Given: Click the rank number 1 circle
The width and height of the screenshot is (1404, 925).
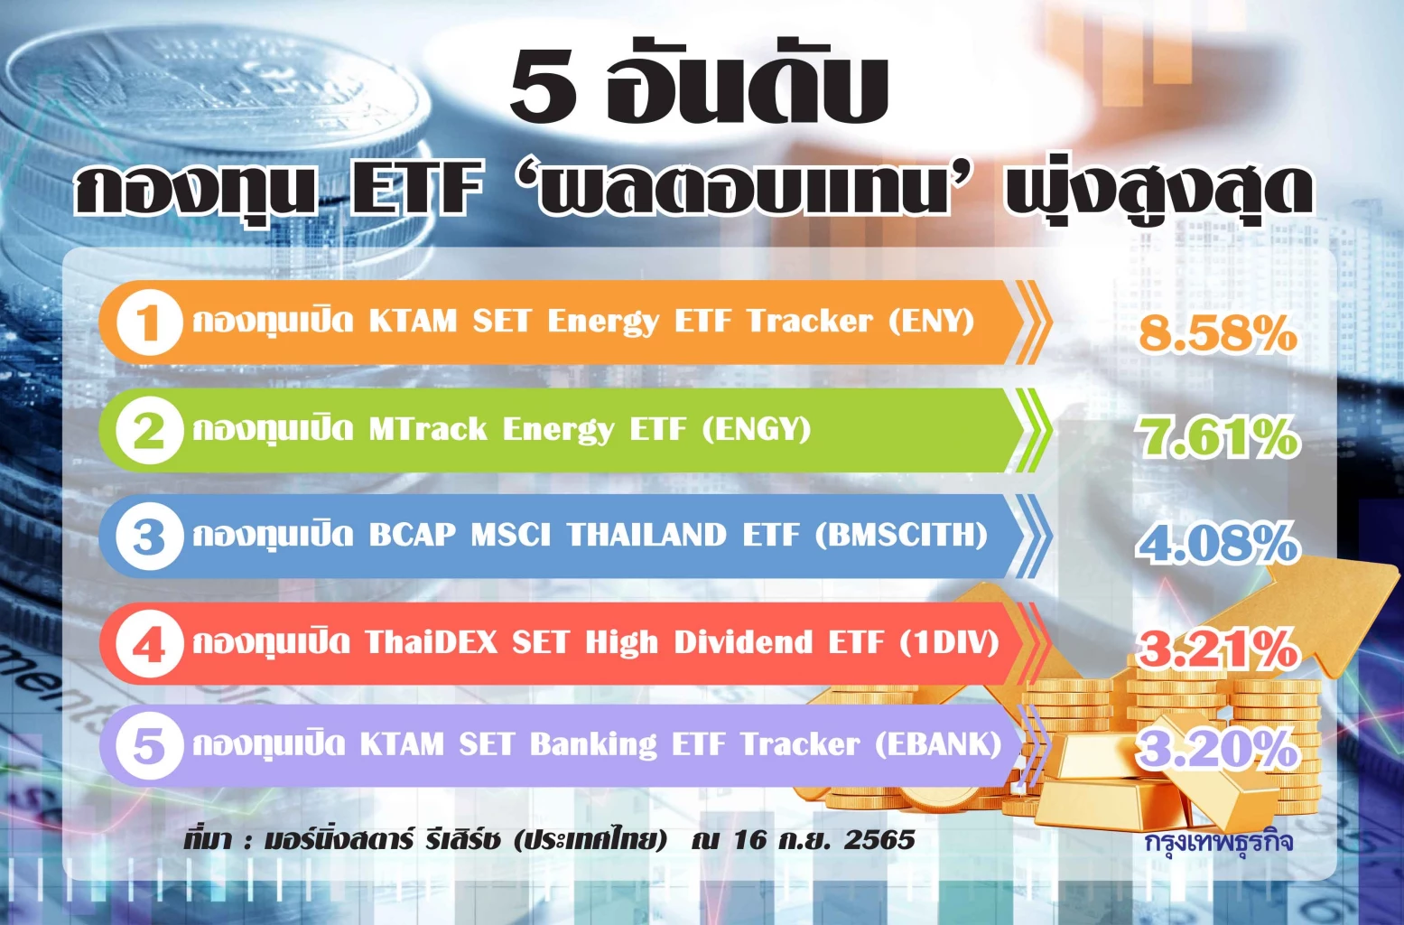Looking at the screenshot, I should (x=150, y=323).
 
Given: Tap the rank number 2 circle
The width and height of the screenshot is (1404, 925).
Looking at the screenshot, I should (x=149, y=431).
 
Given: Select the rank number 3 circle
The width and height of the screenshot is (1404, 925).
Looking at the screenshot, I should (x=149, y=537).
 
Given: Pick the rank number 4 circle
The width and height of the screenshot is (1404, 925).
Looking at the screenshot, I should (x=149, y=645).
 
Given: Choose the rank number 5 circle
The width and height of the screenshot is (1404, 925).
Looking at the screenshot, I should (x=149, y=747).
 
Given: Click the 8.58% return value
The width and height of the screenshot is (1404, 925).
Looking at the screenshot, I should (x=1217, y=333).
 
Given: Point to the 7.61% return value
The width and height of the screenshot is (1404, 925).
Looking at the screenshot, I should (x=1217, y=437).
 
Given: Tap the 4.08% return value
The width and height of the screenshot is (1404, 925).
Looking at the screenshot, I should (x=1217, y=544).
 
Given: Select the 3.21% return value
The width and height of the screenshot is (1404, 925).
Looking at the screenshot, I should (x=1217, y=649).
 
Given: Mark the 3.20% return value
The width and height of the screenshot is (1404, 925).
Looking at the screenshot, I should (x=1217, y=749).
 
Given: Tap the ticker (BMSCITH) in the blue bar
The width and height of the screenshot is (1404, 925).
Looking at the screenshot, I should (x=901, y=536).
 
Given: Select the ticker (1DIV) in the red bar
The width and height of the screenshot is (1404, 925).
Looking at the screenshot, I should (x=949, y=643).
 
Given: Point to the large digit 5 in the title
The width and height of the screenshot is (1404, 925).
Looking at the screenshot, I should (x=544, y=88).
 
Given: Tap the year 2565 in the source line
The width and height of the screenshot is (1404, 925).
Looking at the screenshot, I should (x=879, y=840).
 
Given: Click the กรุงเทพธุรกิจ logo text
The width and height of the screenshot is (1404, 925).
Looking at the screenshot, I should (x=1219, y=842).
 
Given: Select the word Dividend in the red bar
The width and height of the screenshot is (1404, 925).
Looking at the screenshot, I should (x=743, y=643).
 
